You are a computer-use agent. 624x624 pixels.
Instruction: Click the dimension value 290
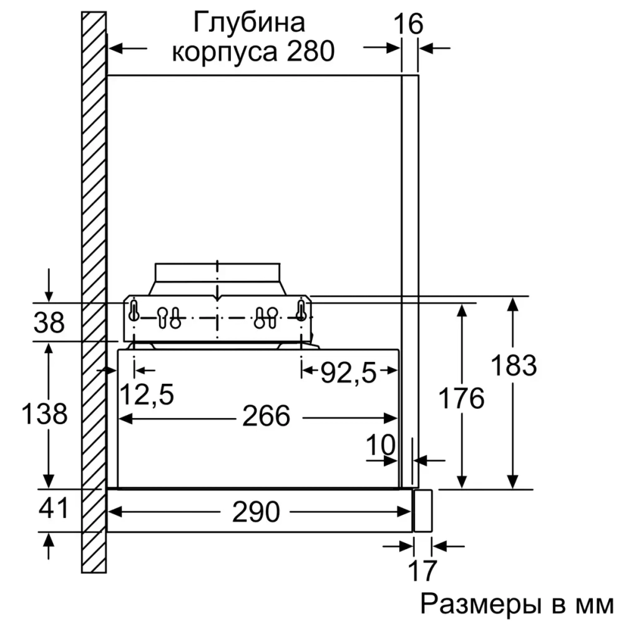255,512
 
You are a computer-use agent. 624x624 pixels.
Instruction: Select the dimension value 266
266,416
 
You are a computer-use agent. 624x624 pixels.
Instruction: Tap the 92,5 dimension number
349,373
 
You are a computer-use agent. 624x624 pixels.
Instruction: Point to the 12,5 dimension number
146,394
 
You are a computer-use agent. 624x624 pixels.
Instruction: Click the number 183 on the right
514,366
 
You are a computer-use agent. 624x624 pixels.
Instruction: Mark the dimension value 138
44,413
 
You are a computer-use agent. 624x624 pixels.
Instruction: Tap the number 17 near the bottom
422,570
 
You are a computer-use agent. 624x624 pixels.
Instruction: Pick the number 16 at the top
409,24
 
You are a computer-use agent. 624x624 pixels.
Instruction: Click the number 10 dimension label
381,446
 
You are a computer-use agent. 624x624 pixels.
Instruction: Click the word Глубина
250,23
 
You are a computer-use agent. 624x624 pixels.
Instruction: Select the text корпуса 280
253,52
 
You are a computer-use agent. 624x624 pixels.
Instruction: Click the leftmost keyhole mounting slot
134,310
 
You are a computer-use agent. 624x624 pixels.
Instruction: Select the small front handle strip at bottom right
423,510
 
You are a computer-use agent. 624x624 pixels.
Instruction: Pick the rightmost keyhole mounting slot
301,310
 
